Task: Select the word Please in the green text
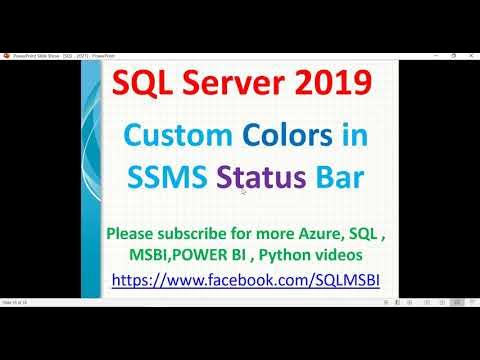139,232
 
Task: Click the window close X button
471,56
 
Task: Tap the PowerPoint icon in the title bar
6,56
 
